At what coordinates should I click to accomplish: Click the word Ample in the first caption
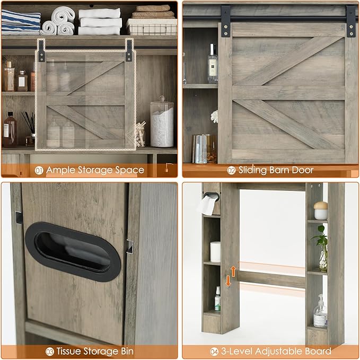pyautogui.click(x=61, y=170)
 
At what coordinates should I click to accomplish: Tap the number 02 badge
pyautogui.click(x=231, y=170)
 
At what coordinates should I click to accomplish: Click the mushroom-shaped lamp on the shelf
pyautogui.click(x=321, y=210)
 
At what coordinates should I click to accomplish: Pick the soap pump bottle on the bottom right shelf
pyautogui.click(x=320, y=312)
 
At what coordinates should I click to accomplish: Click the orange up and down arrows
pyautogui.click(x=231, y=276)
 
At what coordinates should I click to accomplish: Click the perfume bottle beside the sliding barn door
pyautogui.click(x=213, y=63)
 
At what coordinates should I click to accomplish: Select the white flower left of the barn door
pyautogui.click(x=214, y=116)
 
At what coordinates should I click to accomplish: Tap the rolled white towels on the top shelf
pyautogui.click(x=59, y=21)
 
